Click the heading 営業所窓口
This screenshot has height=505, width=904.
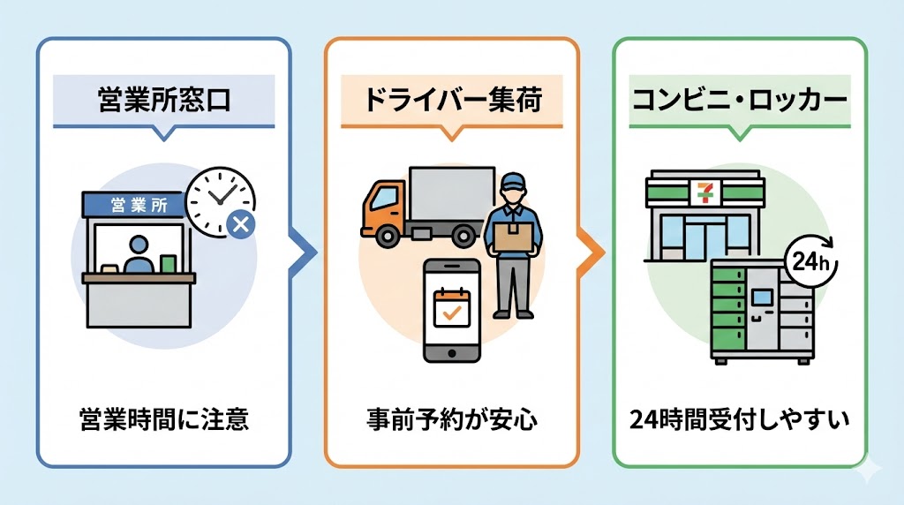tap(163, 100)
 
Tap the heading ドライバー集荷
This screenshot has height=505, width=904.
tap(451, 100)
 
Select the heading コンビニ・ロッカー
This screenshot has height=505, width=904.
tap(739, 100)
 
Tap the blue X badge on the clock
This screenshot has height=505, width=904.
tap(240, 225)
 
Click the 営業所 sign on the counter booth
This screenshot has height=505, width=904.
tap(134, 206)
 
